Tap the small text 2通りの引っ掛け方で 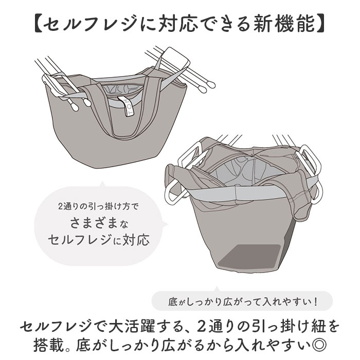click(x=98, y=208)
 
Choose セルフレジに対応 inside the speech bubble click(x=98, y=240)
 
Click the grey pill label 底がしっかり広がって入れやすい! click(x=242, y=300)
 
